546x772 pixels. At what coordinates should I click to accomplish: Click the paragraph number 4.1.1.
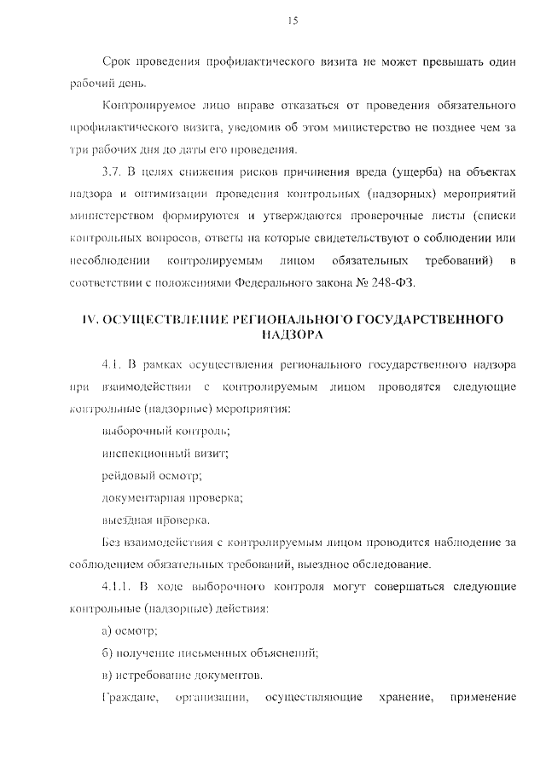pyautogui.click(x=118, y=586)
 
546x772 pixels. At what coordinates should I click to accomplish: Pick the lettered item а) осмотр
pyautogui.click(x=130, y=630)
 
